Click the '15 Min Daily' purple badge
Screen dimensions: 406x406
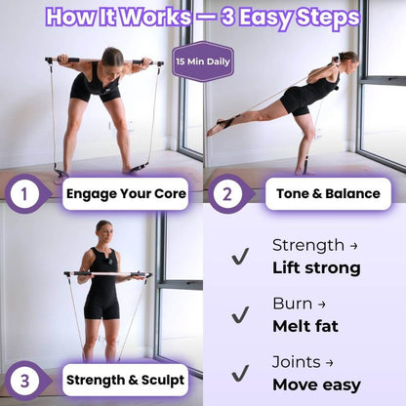coord(203,61)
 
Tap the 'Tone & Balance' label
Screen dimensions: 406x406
coord(327,193)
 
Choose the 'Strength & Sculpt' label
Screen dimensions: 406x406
coord(125,379)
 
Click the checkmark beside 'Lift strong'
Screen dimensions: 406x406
coord(239,257)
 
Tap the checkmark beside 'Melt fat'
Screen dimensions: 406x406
coord(239,315)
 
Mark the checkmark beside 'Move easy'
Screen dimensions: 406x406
coord(239,374)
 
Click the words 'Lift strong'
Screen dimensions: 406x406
coord(316,267)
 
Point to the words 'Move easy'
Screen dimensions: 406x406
coord(316,385)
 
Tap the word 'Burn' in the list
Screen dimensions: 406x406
coord(293,304)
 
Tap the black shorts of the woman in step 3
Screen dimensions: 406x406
coord(101,305)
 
